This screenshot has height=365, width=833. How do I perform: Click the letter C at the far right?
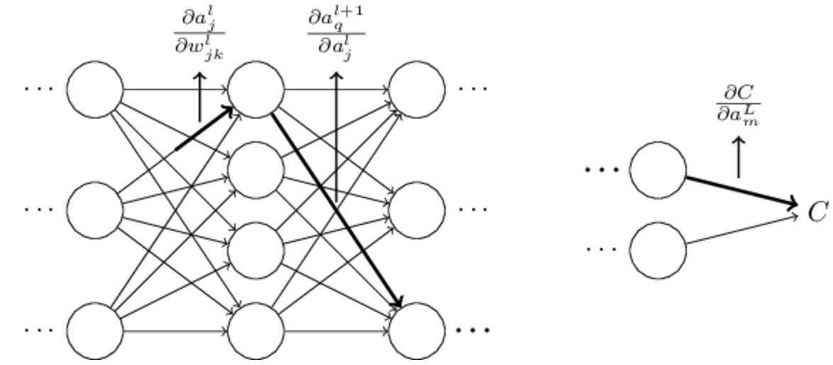[818, 212]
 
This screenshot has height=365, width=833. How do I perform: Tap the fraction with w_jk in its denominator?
[199, 33]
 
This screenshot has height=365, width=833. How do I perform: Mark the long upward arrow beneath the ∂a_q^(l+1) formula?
[336, 135]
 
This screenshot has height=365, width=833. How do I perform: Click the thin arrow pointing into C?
[741, 229]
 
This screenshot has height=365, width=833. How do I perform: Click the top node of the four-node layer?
[255, 89]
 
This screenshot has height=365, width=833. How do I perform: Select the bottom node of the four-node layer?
[255, 331]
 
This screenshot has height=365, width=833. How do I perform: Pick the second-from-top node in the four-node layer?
[255, 170]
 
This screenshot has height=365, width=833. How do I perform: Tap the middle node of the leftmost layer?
[94, 210]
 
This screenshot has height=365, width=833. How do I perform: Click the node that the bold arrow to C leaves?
[658, 170]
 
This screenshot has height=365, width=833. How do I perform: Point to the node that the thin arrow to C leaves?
[658, 250]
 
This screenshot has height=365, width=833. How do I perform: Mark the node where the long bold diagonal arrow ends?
[417, 331]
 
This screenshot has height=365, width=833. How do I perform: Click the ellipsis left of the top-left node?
[38, 89]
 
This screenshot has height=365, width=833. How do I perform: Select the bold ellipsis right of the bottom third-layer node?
[473, 331]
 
